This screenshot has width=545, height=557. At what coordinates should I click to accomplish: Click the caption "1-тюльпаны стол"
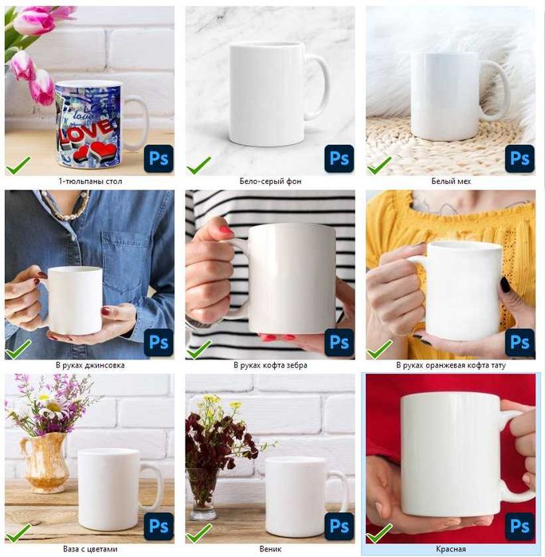pyautogui.click(x=90, y=181)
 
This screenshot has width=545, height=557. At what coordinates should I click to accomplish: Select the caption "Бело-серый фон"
pyautogui.click(x=270, y=181)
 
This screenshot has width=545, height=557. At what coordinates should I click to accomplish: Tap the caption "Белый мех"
pyautogui.click(x=451, y=181)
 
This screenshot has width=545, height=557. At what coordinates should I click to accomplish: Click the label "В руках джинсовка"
pyautogui.click(x=90, y=365)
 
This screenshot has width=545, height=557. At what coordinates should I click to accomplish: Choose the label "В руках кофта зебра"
pyautogui.click(x=270, y=365)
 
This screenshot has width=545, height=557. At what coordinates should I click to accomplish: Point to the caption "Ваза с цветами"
pyautogui.click(x=90, y=549)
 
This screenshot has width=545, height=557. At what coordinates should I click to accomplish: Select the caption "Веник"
pyautogui.click(x=270, y=549)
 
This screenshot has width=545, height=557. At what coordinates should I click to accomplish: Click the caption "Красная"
pyautogui.click(x=451, y=549)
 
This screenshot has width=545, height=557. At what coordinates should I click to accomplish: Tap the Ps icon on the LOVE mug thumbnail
pyautogui.click(x=159, y=159)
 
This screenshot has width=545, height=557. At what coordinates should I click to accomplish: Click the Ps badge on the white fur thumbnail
pyautogui.click(x=520, y=159)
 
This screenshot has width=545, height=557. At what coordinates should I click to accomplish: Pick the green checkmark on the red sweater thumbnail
pyautogui.click(x=379, y=533)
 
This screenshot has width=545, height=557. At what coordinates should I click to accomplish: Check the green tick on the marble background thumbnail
pyautogui.click(x=199, y=165)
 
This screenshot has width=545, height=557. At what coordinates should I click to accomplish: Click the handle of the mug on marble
pyautogui.click(x=319, y=87)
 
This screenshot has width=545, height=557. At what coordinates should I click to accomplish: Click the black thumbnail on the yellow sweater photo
pyautogui.click(x=505, y=284)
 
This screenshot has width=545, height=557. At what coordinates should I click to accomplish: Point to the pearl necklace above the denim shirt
pyautogui.click(x=66, y=205)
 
